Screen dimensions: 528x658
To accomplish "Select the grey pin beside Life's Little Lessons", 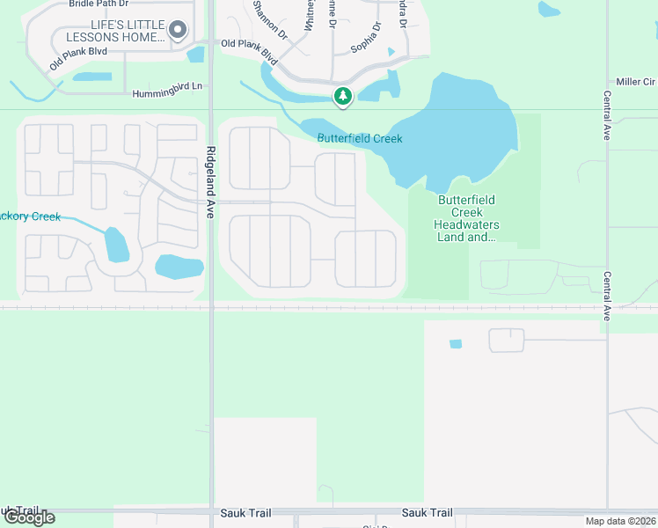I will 178,31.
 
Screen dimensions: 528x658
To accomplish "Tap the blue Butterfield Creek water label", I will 360,139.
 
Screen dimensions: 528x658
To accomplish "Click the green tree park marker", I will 342,96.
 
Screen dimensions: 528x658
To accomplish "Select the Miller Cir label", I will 635,82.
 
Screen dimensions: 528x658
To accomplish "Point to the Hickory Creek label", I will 31,216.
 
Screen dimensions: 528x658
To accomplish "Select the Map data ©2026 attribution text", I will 620,521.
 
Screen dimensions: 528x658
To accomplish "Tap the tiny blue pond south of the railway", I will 455,343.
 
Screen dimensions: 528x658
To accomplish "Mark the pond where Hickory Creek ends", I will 115,245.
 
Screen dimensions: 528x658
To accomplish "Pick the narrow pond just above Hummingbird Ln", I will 91,77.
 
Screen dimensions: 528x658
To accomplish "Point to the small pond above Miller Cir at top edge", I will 549,9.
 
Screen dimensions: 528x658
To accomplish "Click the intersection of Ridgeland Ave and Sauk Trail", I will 211,512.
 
